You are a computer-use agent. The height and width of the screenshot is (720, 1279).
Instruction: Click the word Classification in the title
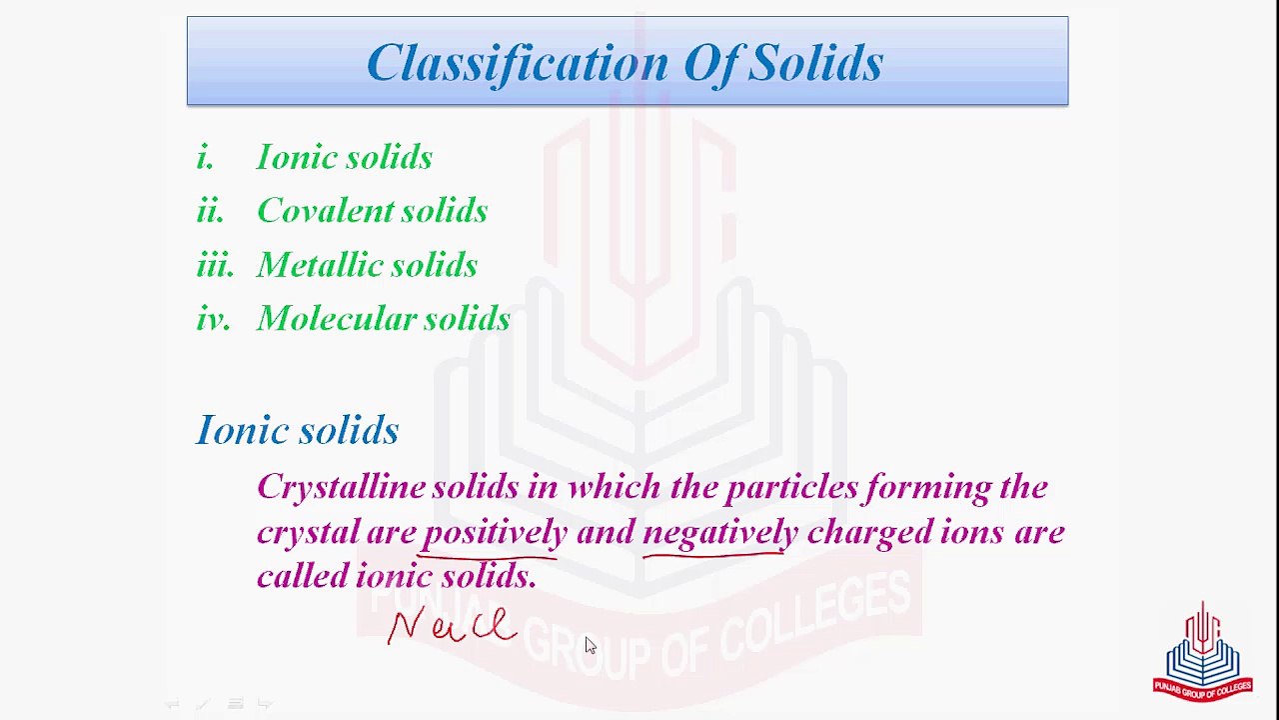tap(518, 63)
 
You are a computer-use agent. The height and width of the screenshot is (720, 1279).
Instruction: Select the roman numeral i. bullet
tap(205, 157)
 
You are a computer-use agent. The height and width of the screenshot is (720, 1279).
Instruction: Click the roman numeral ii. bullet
tap(210, 211)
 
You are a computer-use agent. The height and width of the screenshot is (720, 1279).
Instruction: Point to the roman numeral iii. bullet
tap(214, 265)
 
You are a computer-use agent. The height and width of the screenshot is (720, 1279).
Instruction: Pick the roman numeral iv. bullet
tap(213, 319)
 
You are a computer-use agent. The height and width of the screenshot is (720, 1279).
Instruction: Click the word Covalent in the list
tap(326, 211)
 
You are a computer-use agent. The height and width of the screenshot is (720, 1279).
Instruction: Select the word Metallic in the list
tap(320, 265)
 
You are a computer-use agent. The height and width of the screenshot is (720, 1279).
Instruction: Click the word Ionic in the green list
tap(291, 157)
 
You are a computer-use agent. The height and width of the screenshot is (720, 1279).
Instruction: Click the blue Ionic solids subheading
tap(298, 430)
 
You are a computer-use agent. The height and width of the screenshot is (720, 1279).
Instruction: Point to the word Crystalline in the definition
tap(341, 488)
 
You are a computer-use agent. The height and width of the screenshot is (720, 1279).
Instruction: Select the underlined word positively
tap(495, 533)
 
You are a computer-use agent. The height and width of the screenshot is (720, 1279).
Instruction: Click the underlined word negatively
tap(719, 533)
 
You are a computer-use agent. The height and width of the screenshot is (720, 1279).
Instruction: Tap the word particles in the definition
tap(791, 488)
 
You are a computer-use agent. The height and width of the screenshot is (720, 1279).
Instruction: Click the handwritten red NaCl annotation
tap(451, 626)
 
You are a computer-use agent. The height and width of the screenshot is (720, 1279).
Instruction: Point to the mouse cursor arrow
tap(590, 645)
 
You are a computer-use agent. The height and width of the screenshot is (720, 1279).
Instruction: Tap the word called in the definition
tap(303, 576)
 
